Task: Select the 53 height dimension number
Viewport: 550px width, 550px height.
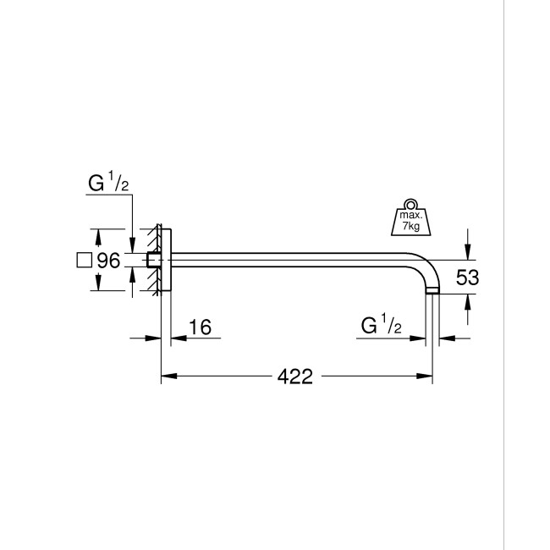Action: tap(467, 277)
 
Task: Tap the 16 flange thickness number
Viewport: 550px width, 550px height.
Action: tap(200, 327)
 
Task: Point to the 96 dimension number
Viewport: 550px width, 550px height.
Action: tap(109, 261)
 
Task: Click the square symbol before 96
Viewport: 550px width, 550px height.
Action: tap(84, 261)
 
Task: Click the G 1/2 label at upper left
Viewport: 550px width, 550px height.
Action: tap(108, 183)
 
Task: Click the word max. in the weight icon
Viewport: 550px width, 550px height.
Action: tap(410, 218)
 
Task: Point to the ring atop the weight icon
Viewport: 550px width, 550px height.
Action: tap(410, 204)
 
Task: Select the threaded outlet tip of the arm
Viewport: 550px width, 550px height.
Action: tap(432, 290)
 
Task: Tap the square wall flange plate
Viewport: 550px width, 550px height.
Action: tap(166, 261)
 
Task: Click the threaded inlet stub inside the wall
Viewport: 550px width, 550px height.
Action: tap(153, 261)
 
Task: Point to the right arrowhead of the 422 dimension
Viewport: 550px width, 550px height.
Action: tap(427, 377)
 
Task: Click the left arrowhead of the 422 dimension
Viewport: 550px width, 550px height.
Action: tap(167, 377)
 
